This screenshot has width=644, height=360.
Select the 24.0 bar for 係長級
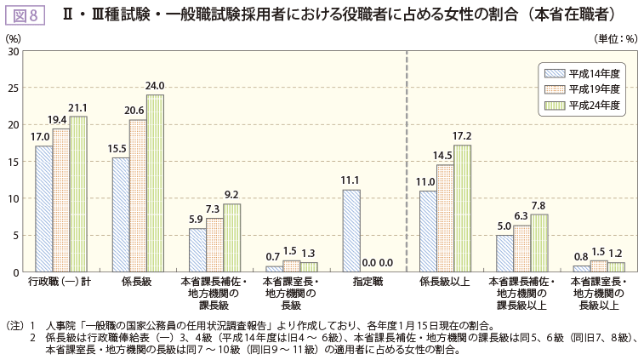click(x=155, y=183)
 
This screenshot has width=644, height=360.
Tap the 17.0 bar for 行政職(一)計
click(x=43, y=209)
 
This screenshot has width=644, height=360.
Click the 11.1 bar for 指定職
click(x=351, y=231)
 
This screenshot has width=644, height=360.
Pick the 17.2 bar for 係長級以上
click(x=462, y=209)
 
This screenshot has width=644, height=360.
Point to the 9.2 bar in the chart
click(x=231, y=237)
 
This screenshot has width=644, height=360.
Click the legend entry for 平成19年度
click(x=580, y=89)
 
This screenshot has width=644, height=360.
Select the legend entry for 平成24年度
click(x=580, y=106)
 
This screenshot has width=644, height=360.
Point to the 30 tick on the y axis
click(x=14, y=51)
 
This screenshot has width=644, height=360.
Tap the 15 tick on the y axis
click(x=14, y=162)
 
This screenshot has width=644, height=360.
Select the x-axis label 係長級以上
click(x=444, y=282)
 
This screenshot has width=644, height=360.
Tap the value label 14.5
click(x=443, y=156)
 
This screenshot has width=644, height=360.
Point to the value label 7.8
click(x=539, y=205)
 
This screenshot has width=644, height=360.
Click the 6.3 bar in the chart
click(x=521, y=249)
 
